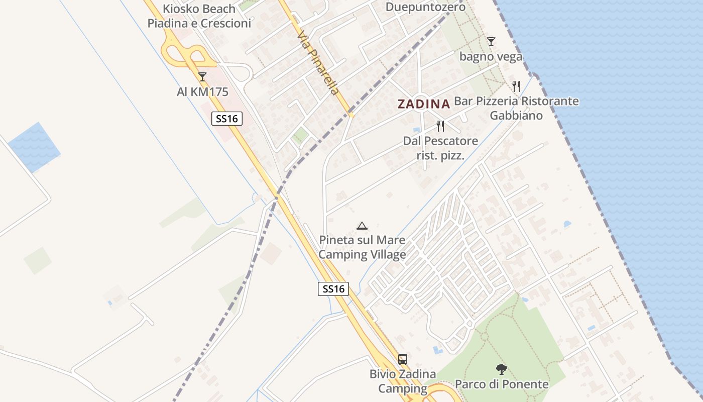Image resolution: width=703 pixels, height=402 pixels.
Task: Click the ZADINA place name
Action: point(424,104)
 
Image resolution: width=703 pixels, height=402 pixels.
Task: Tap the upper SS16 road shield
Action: point(227,119)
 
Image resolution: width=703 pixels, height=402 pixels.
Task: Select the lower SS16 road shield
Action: point(333,289)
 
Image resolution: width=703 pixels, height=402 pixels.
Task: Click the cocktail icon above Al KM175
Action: point(202,77)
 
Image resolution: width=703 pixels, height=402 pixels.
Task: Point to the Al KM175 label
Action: point(202,92)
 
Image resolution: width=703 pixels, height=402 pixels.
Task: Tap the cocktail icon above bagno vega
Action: point(491,42)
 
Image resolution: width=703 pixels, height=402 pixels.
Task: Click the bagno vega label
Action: point(491,57)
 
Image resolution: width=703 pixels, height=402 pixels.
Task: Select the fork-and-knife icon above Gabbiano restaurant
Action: point(516,86)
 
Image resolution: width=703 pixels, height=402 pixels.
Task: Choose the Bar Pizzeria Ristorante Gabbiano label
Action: point(516,108)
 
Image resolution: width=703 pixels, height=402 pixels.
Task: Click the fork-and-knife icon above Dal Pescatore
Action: point(440,126)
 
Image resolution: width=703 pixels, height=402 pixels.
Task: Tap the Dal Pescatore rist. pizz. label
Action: point(440,148)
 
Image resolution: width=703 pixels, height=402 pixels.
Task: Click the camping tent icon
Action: point(362,226)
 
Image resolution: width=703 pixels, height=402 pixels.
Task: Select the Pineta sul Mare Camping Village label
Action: point(362,247)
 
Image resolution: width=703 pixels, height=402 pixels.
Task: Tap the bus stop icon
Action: point(403,359)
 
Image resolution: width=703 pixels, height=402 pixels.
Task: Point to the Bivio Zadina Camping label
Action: point(403,381)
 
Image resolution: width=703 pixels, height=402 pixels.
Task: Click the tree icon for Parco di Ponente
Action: point(501,370)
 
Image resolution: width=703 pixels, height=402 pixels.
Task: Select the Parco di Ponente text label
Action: point(502,384)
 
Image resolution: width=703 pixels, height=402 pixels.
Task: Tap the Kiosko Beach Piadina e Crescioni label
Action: point(199,16)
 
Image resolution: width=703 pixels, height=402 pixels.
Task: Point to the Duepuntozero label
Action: point(425,7)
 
